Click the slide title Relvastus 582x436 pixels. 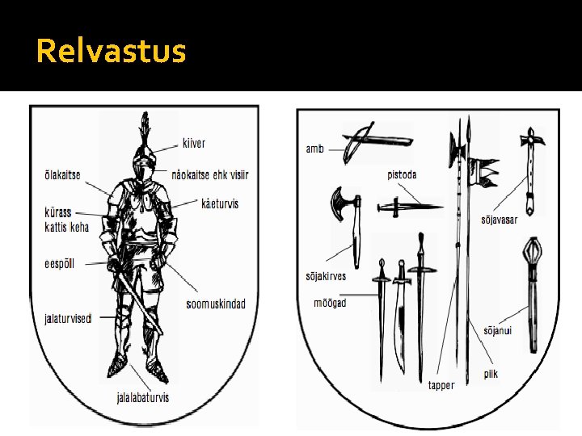pyautogui.click(x=111, y=52)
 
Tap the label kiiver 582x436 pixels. pyautogui.click(x=193, y=144)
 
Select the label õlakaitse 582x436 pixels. pyautogui.click(x=62, y=175)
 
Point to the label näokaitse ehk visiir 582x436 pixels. pyautogui.click(x=210, y=175)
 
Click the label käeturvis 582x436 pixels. pyautogui.click(x=220, y=203)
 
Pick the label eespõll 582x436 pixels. pyautogui.click(x=59, y=263)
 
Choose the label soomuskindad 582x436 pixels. pyautogui.click(x=215, y=304)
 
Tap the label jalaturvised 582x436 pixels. pyautogui.click(x=68, y=318)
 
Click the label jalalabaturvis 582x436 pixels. pyautogui.click(x=143, y=397)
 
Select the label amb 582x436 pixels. pyautogui.click(x=314, y=149)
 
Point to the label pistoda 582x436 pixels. pyautogui.click(x=402, y=175)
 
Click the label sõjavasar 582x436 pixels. pyautogui.click(x=499, y=220)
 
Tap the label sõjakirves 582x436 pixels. pyautogui.click(x=326, y=276)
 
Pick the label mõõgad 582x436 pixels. pyautogui.click(x=330, y=303)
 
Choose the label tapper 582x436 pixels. pyautogui.click(x=441, y=385)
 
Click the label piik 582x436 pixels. pyautogui.click(x=491, y=374)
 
